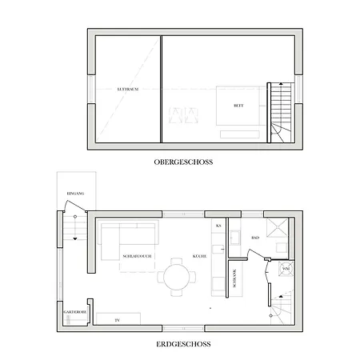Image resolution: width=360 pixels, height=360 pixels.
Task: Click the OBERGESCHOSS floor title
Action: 183,162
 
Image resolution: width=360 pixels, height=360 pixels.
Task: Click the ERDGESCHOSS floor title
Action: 184,345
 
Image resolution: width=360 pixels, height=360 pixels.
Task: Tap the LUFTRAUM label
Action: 128,89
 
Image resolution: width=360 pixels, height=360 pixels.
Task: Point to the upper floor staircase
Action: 279,112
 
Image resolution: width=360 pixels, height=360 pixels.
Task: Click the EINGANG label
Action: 76,194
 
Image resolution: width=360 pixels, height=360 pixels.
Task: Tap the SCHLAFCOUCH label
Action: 133,256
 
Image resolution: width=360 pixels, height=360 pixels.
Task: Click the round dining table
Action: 175,278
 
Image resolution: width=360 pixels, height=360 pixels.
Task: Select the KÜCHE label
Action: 201,256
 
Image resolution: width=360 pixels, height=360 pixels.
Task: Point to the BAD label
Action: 254,238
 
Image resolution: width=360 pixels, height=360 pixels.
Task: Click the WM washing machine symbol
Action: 286,270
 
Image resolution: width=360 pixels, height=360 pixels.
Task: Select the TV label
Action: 117,320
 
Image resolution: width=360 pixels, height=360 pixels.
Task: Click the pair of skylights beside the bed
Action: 183,115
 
